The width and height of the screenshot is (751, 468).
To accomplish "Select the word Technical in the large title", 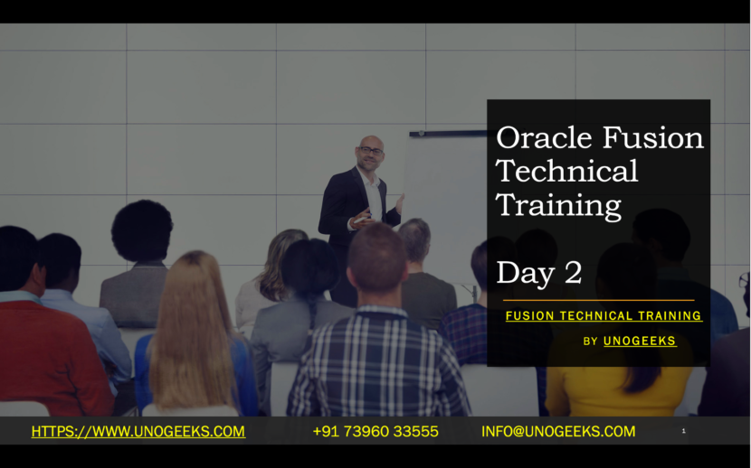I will click(x=567, y=171).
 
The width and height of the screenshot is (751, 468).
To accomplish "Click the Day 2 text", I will click(x=538, y=272).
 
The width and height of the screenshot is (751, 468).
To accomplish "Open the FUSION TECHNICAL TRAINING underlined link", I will click(x=604, y=316).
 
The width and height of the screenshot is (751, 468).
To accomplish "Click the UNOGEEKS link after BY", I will click(x=640, y=341).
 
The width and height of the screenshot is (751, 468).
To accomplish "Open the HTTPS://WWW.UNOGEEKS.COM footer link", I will click(x=138, y=432).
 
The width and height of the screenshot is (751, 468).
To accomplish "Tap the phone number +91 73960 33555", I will click(x=375, y=432).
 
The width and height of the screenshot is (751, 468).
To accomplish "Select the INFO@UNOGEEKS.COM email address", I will click(x=558, y=432).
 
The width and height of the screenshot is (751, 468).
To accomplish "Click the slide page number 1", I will click(x=683, y=432).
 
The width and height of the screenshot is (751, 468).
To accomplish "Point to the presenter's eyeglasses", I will click(x=370, y=151).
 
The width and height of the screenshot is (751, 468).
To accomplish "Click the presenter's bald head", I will click(x=369, y=142).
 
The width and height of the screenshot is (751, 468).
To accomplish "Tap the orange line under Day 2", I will click(x=598, y=300).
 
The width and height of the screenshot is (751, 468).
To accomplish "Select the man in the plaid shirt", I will click(x=377, y=361).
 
